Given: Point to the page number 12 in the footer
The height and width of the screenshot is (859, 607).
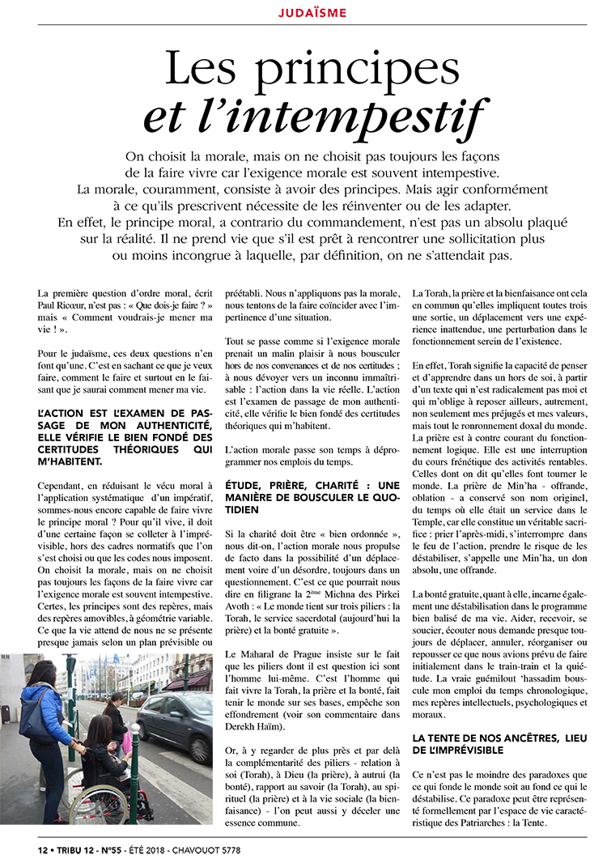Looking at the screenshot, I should coord(43,849).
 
